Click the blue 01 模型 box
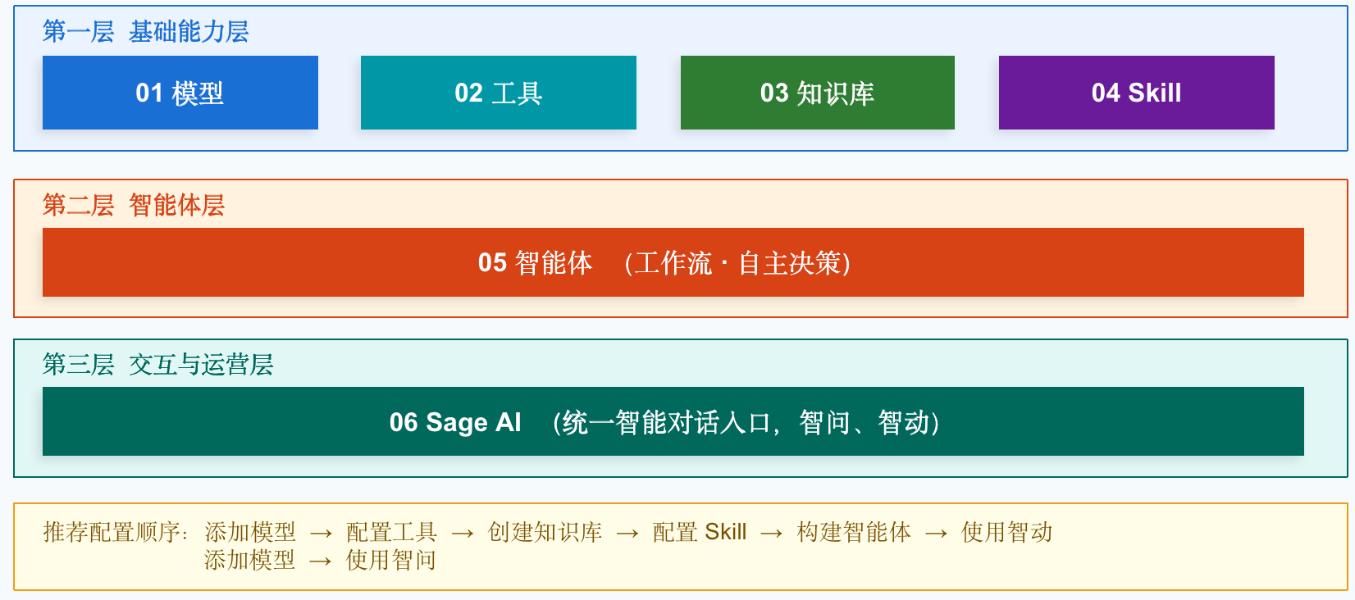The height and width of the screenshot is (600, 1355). coord(180,93)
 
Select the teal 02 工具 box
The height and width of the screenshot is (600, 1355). coord(499,93)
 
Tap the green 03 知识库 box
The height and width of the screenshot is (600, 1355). coord(817,93)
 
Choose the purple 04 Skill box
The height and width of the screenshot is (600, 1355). coord(1136,93)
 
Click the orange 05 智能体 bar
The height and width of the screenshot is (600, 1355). coord(673,262)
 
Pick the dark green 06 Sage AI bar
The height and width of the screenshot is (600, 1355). coord(673,421)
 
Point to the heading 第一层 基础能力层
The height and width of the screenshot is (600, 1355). coord(145,31)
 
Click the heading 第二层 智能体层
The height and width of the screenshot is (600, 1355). coord(134,206)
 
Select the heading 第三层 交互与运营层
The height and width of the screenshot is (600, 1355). coord(157,365)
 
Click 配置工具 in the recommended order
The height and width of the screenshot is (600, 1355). coord(391,532)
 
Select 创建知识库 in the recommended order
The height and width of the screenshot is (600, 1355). coord(545,532)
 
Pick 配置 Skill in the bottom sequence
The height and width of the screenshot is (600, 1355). coord(700,532)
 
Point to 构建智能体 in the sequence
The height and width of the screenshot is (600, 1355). coord(854,532)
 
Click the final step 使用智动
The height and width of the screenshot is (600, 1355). coord(1007,532)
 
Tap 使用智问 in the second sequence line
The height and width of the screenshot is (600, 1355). coord(390,560)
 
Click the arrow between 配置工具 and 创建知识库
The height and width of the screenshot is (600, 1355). coord(462,534)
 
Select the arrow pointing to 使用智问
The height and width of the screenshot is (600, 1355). coord(320,561)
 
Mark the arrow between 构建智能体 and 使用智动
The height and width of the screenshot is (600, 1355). coord(937,534)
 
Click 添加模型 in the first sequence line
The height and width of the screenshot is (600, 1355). coord(250,532)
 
